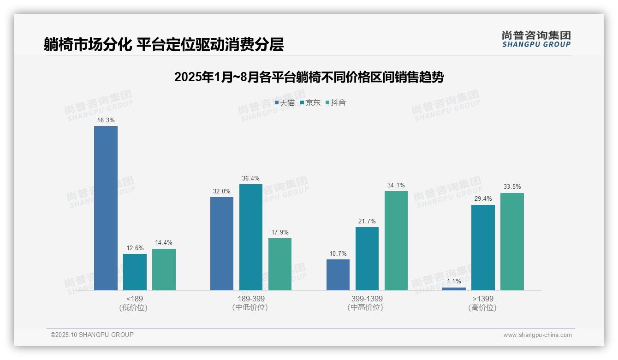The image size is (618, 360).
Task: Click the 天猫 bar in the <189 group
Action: (106, 208)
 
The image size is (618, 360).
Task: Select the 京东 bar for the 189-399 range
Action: (250, 237)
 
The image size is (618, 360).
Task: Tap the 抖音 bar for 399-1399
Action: (396, 240)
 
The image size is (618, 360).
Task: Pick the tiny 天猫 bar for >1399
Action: (454, 288)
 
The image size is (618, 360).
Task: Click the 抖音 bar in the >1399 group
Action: (512, 241)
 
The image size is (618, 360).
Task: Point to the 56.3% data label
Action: (106, 120)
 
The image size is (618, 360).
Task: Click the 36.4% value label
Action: (250, 178)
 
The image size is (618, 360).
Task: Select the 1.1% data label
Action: (454, 281)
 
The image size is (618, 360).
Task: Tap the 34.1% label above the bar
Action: (396, 185)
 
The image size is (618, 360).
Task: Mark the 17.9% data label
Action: (279, 232)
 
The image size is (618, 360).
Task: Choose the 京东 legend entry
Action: (310, 103)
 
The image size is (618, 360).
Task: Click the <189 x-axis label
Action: (134, 299)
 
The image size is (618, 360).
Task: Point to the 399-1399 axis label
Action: (367, 299)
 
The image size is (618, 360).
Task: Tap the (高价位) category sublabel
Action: (482, 308)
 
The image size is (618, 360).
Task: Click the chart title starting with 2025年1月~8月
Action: (309, 77)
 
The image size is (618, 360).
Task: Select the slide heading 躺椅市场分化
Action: (164, 44)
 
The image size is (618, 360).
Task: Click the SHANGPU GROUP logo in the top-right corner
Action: (536, 39)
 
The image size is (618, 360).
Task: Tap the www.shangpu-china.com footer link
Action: (537, 335)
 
